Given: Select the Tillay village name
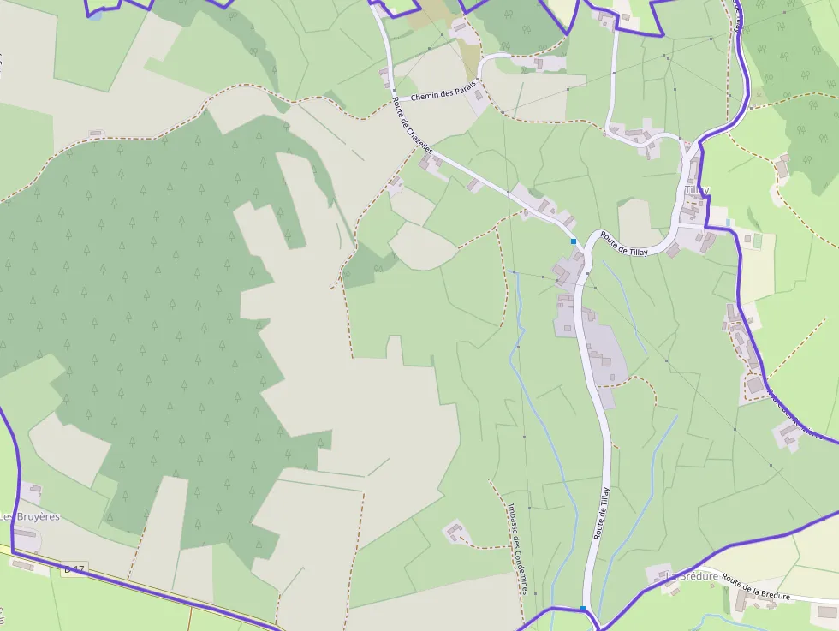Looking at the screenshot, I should pyautogui.click(x=696, y=190).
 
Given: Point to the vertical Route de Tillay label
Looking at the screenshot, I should pyautogui.click(x=601, y=512).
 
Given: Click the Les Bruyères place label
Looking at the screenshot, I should pyautogui.click(x=30, y=516).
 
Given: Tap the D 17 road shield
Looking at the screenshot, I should pyautogui.click(x=74, y=568).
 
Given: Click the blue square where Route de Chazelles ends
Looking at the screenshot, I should pyautogui.click(x=573, y=241).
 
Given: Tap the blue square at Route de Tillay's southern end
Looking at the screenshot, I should pyautogui.click(x=583, y=609).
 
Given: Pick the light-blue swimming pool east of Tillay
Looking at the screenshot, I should pyautogui.click(x=729, y=223).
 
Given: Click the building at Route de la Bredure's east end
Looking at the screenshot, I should pyautogui.click(x=825, y=612).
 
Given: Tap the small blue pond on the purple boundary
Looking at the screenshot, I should pyautogui.click(x=95, y=15).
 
